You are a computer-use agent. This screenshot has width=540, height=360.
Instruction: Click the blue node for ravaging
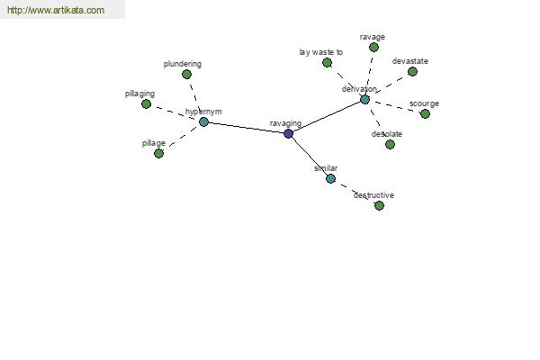pyautogui.click(x=289, y=134)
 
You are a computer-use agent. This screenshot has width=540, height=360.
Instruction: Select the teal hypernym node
pyautogui.click(x=203, y=121)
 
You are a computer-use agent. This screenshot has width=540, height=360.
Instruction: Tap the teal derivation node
pyautogui.click(x=364, y=100)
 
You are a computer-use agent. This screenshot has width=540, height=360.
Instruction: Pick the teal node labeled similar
pyautogui.click(x=330, y=178)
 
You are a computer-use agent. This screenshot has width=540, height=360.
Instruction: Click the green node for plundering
pyautogui.click(x=186, y=74)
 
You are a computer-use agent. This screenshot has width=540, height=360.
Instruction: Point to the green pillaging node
pyautogui.click(x=147, y=103)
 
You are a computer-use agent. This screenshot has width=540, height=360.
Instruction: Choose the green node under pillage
pyautogui.click(x=158, y=153)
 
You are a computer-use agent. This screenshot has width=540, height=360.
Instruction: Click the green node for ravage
pyautogui.click(x=373, y=47)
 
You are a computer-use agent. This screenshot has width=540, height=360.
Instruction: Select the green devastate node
pyautogui.click(x=412, y=71)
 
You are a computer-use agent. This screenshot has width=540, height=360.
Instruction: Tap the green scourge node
pyautogui.click(x=426, y=113)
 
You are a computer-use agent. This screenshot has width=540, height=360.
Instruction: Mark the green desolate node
pyautogui.click(x=390, y=144)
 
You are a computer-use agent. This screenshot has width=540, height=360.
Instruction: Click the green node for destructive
pyautogui.click(x=379, y=206)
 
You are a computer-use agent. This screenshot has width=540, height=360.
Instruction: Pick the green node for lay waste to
pyautogui.click(x=328, y=62)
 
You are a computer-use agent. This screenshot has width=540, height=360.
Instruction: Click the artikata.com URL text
pyautogui.click(x=56, y=10)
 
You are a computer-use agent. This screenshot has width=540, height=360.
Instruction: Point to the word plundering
pyautogui.click(x=183, y=64)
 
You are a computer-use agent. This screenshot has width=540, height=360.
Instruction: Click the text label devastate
pyautogui.click(x=410, y=61)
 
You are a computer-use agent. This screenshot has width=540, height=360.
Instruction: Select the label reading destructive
pyautogui.click(x=373, y=195)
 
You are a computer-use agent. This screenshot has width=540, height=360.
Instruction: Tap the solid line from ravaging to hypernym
pyautogui.click(x=247, y=128)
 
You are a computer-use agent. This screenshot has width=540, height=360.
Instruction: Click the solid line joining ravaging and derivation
pyautogui.click(x=327, y=116)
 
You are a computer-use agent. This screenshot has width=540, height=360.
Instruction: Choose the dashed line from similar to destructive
pyautogui.click(x=355, y=192)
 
